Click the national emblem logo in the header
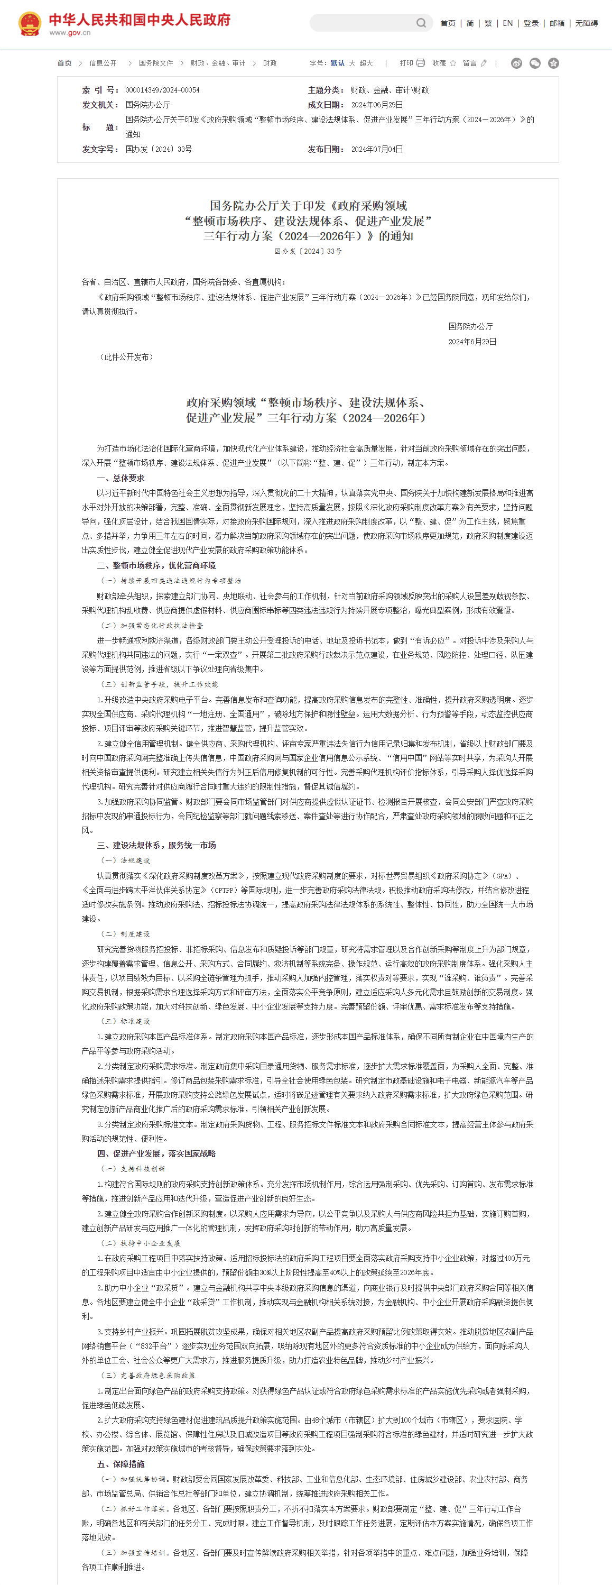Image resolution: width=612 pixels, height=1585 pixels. point(29,24)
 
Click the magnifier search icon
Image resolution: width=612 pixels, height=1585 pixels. point(421,23)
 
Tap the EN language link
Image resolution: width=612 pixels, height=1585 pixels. point(507,23)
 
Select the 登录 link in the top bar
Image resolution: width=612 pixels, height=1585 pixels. point(531,23)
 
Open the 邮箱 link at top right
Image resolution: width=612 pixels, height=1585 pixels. point(557,23)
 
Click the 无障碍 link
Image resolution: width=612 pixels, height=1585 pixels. point(586,23)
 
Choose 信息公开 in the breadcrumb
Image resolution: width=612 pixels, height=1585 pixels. point(103,63)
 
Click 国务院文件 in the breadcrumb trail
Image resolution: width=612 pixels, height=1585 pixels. point(155,63)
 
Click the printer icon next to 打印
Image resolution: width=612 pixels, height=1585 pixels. point(421,63)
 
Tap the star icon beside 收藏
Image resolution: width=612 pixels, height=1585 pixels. point(453,63)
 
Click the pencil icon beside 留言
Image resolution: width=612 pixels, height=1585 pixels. point(484,63)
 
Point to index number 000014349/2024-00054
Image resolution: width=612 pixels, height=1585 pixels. point(162,90)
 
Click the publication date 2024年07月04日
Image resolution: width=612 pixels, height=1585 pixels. point(377,150)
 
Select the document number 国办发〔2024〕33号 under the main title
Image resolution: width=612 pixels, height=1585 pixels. point(308,252)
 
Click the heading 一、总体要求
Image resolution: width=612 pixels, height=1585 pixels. point(120,478)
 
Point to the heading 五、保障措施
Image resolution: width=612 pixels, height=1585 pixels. point(120,1464)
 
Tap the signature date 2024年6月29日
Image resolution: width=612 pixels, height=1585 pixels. point(472,342)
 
